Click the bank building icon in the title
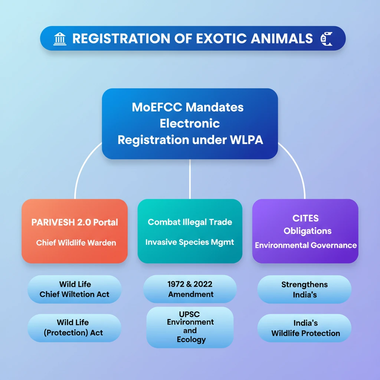pyautogui.click(x=60, y=39)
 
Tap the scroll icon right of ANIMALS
pyautogui.click(x=326, y=39)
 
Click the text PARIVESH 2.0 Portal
pyautogui.click(x=75, y=222)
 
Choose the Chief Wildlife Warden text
pyautogui.click(x=76, y=243)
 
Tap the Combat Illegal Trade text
pyautogui.click(x=190, y=222)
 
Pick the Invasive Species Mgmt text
pyautogui.click(x=190, y=242)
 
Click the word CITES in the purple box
pyautogui.click(x=305, y=218)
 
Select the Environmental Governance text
pyautogui.click(x=306, y=245)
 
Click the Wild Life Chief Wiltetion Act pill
pyautogui.click(x=74, y=289)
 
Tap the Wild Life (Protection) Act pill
pyautogui.click(x=74, y=328)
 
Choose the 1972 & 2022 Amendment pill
pyautogui.click(x=190, y=289)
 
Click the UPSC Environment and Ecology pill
pyautogui.click(x=190, y=327)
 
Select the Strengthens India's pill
pyautogui.click(x=304, y=289)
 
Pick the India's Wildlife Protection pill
pyautogui.click(x=304, y=328)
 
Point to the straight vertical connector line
pyautogui.click(x=190, y=179)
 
